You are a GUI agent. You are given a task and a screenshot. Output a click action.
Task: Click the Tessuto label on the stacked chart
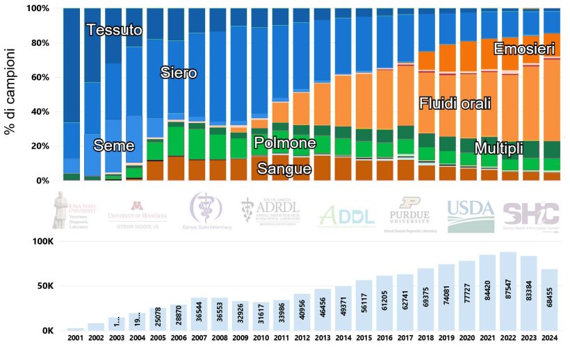pyautogui.click(x=115, y=30)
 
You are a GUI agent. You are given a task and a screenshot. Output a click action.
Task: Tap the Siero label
pyautogui.click(x=179, y=72)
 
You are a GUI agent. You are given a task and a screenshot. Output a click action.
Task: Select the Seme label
pyautogui.click(x=114, y=145)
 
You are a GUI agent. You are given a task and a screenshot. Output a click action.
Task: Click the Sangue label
pyautogui.click(x=284, y=168)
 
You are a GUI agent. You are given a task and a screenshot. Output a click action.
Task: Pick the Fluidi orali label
pyautogui.click(x=455, y=104)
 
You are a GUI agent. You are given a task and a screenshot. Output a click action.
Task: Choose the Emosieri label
pyautogui.click(x=524, y=49)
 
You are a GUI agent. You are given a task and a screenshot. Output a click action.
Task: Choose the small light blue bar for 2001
pyautogui.click(x=75, y=329)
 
